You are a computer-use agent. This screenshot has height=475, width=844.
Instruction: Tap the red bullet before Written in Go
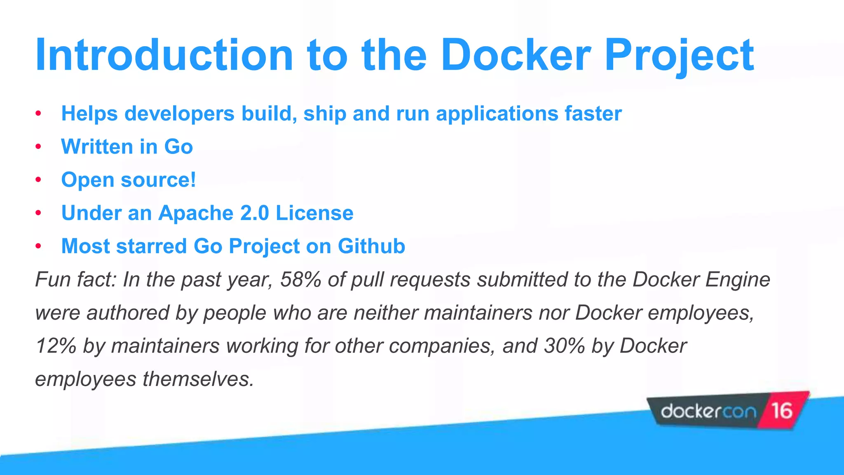click(x=38, y=147)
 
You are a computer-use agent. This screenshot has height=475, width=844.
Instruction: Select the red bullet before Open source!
click(x=38, y=180)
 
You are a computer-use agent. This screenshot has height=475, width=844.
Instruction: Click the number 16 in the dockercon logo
click(x=781, y=411)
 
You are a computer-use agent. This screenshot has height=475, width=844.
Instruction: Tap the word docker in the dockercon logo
click(x=687, y=411)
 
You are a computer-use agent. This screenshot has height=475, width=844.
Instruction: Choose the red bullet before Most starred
click(x=38, y=246)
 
